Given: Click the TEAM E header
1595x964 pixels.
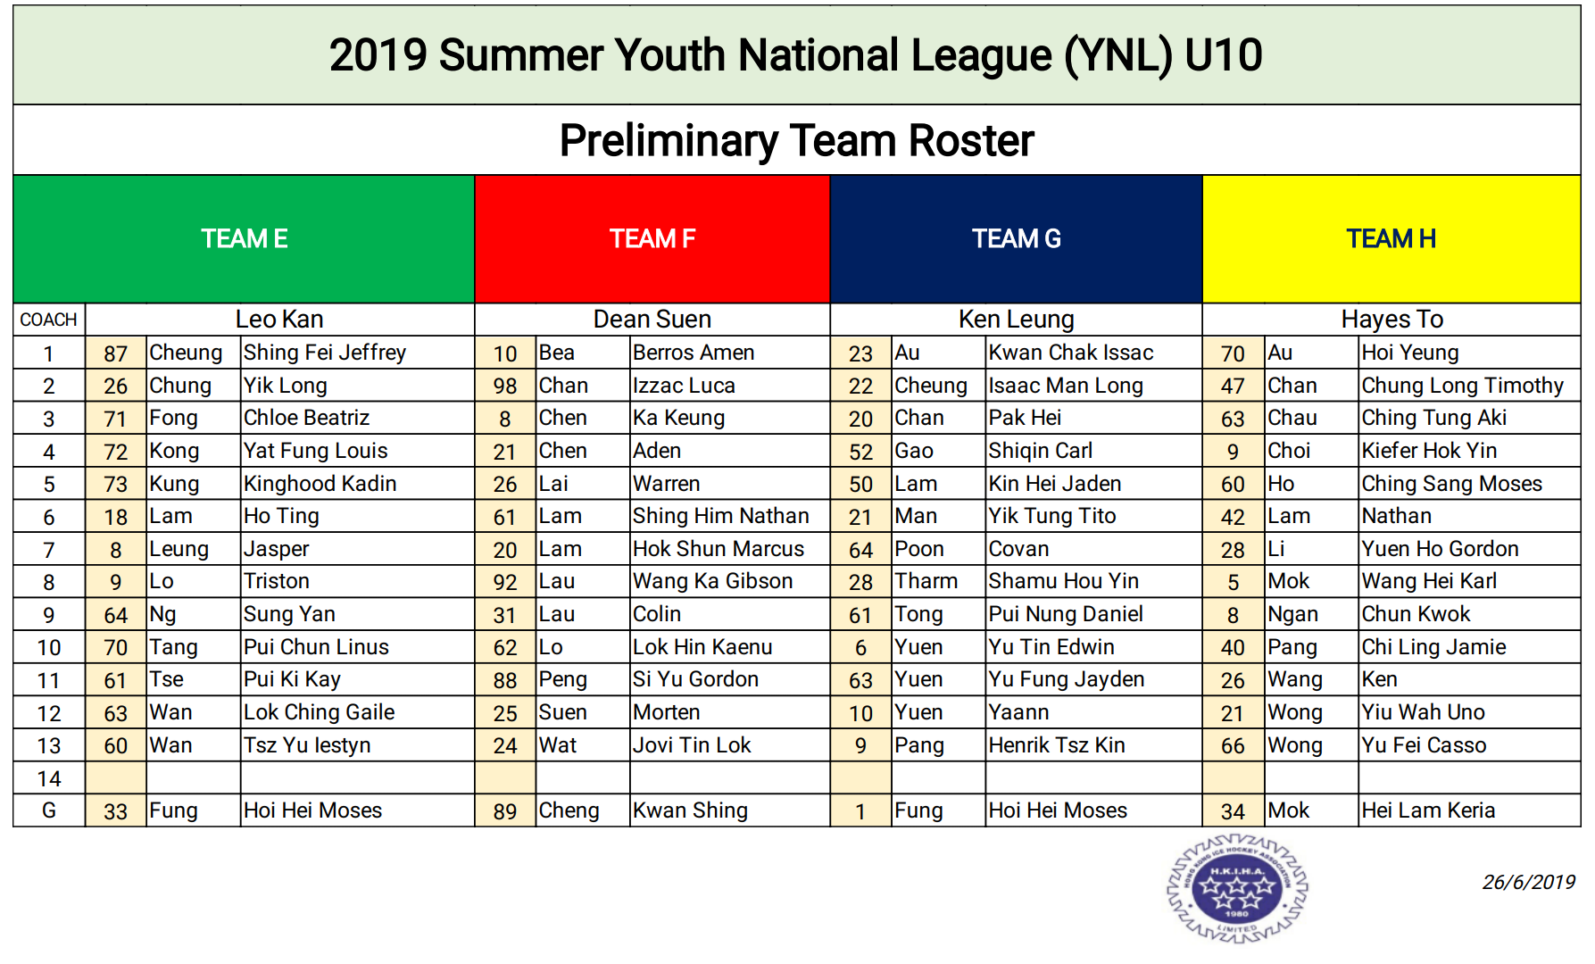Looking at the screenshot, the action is pos(244,238).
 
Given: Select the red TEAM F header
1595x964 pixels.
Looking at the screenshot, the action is pos(652,238).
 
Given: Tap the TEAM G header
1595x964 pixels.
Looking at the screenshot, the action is pos(1017,238).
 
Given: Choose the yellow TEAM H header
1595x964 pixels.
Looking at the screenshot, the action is pos(1391,238).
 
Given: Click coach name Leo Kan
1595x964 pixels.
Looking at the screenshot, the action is pos(279,320).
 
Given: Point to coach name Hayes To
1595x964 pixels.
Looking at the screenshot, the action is pos(1391,320).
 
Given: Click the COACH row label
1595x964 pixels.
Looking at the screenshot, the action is pos(49,320).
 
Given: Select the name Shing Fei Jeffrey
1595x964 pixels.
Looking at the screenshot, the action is pos(325,353).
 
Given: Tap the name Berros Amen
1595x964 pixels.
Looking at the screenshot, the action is pos(694,353).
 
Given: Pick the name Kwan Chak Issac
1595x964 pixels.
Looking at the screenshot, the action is pos(1071,353).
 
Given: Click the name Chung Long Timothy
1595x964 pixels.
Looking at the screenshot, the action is pos(1463,386).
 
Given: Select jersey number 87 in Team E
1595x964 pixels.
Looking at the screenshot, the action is pos(116,353).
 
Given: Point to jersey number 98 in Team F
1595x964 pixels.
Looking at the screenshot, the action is pos(505,386).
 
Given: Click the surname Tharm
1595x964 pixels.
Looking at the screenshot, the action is pos(926,581).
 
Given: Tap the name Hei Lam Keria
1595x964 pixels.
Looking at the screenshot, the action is pos(1428,810).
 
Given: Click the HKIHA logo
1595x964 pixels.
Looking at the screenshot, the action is pos(1237,887).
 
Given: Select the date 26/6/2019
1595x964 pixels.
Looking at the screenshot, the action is pos(1529,882).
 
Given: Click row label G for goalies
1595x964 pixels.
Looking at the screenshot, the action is pos(49,810).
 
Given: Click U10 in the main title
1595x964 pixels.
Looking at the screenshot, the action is pos(1224,55).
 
